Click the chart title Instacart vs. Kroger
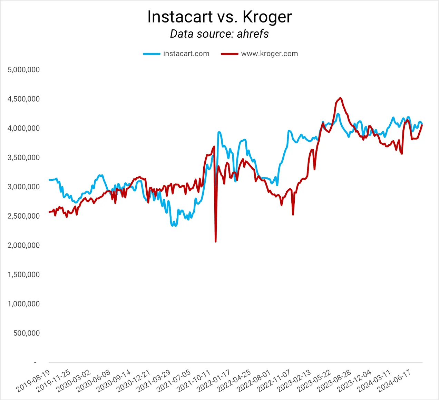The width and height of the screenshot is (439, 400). tap(219, 17)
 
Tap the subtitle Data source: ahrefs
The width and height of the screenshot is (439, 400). tap(219, 34)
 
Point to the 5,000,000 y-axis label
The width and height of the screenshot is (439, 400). tap(24, 70)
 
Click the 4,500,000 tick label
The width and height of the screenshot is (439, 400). tap(24, 99)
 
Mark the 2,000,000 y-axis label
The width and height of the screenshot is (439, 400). tap(24, 246)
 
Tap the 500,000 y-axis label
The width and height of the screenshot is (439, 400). tap(27, 333)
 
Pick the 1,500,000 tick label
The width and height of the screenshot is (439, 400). tap(24, 275)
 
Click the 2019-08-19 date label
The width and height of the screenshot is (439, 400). tap(33, 381)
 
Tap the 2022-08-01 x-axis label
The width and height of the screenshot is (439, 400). tap(254, 381)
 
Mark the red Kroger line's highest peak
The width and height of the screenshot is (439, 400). tap(341, 98)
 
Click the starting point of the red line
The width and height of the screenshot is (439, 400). tap(49, 212)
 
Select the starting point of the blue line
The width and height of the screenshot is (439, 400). tap(49, 180)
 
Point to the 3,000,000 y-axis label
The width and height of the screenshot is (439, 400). tap(24, 187)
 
